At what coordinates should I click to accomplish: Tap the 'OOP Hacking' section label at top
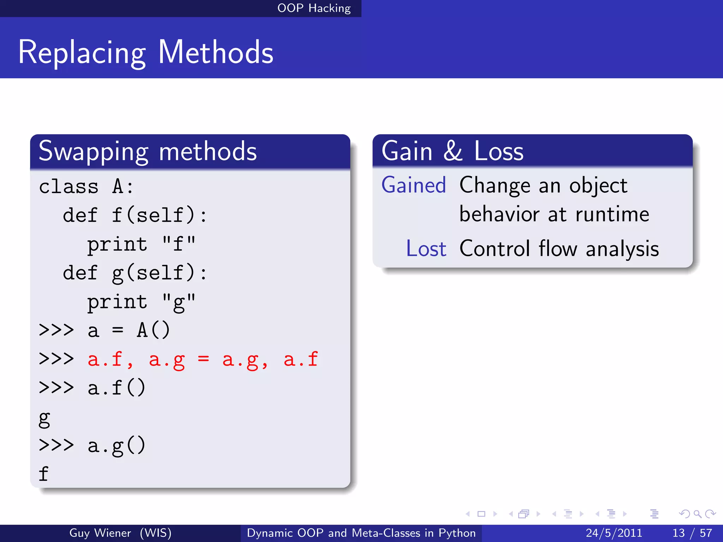click(313, 8)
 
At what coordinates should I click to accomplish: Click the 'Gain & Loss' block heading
click(452, 151)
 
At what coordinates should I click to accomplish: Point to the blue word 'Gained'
click(414, 185)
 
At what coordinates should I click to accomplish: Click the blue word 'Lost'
click(426, 248)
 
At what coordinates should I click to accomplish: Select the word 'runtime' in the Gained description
click(612, 214)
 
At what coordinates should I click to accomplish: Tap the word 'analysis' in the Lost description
click(622, 248)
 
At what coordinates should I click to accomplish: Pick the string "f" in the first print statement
click(178, 244)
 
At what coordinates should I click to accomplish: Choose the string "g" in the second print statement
click(178, 302)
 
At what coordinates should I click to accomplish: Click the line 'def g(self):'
click(135, 273)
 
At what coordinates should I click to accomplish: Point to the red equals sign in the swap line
click(203, 359)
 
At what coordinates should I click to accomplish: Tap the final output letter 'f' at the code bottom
click(43, 474)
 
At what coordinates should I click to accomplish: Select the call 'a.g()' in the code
click(116, 446)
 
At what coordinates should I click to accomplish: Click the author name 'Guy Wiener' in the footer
click(100, 533)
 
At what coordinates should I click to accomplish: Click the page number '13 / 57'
click(692, 533)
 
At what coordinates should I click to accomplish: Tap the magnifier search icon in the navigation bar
click(697, 514)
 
